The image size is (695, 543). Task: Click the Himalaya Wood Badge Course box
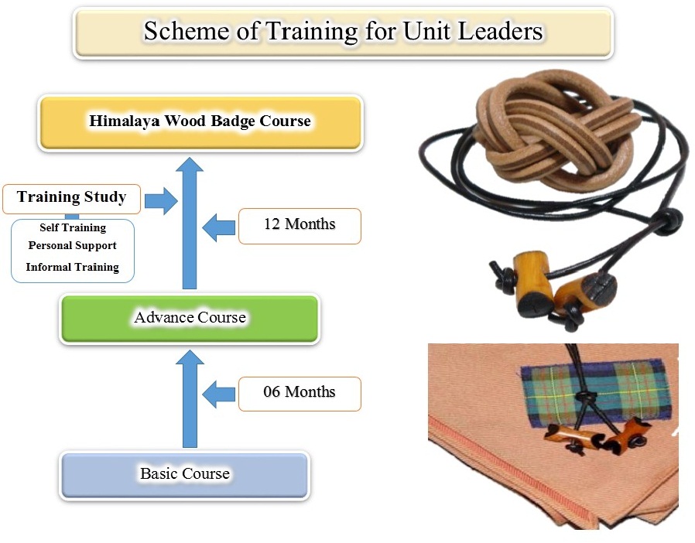[200, 123]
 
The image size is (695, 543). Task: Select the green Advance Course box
[190, 319]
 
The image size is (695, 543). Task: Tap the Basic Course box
[185, 475]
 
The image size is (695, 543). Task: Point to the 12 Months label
[300, 226]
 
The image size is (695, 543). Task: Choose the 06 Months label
[300, 394]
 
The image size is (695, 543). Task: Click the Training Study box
[71, 199]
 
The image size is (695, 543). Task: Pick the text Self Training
[73, 227]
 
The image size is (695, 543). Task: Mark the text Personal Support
[72, 246]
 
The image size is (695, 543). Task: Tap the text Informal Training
[72, 267]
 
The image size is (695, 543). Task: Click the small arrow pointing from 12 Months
[219, 227]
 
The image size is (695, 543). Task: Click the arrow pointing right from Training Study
[161, 200]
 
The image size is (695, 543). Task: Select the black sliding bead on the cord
[667, 220]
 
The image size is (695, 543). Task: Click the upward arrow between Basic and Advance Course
[190, 398]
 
